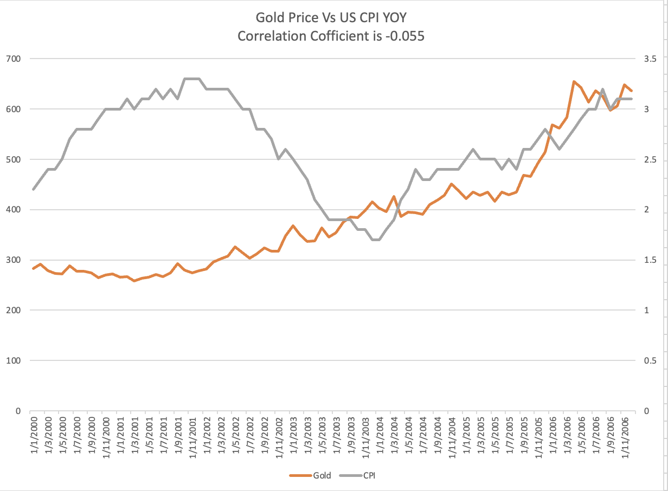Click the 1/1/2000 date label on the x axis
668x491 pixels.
(34, 436)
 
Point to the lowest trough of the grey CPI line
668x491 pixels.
(376, 240)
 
